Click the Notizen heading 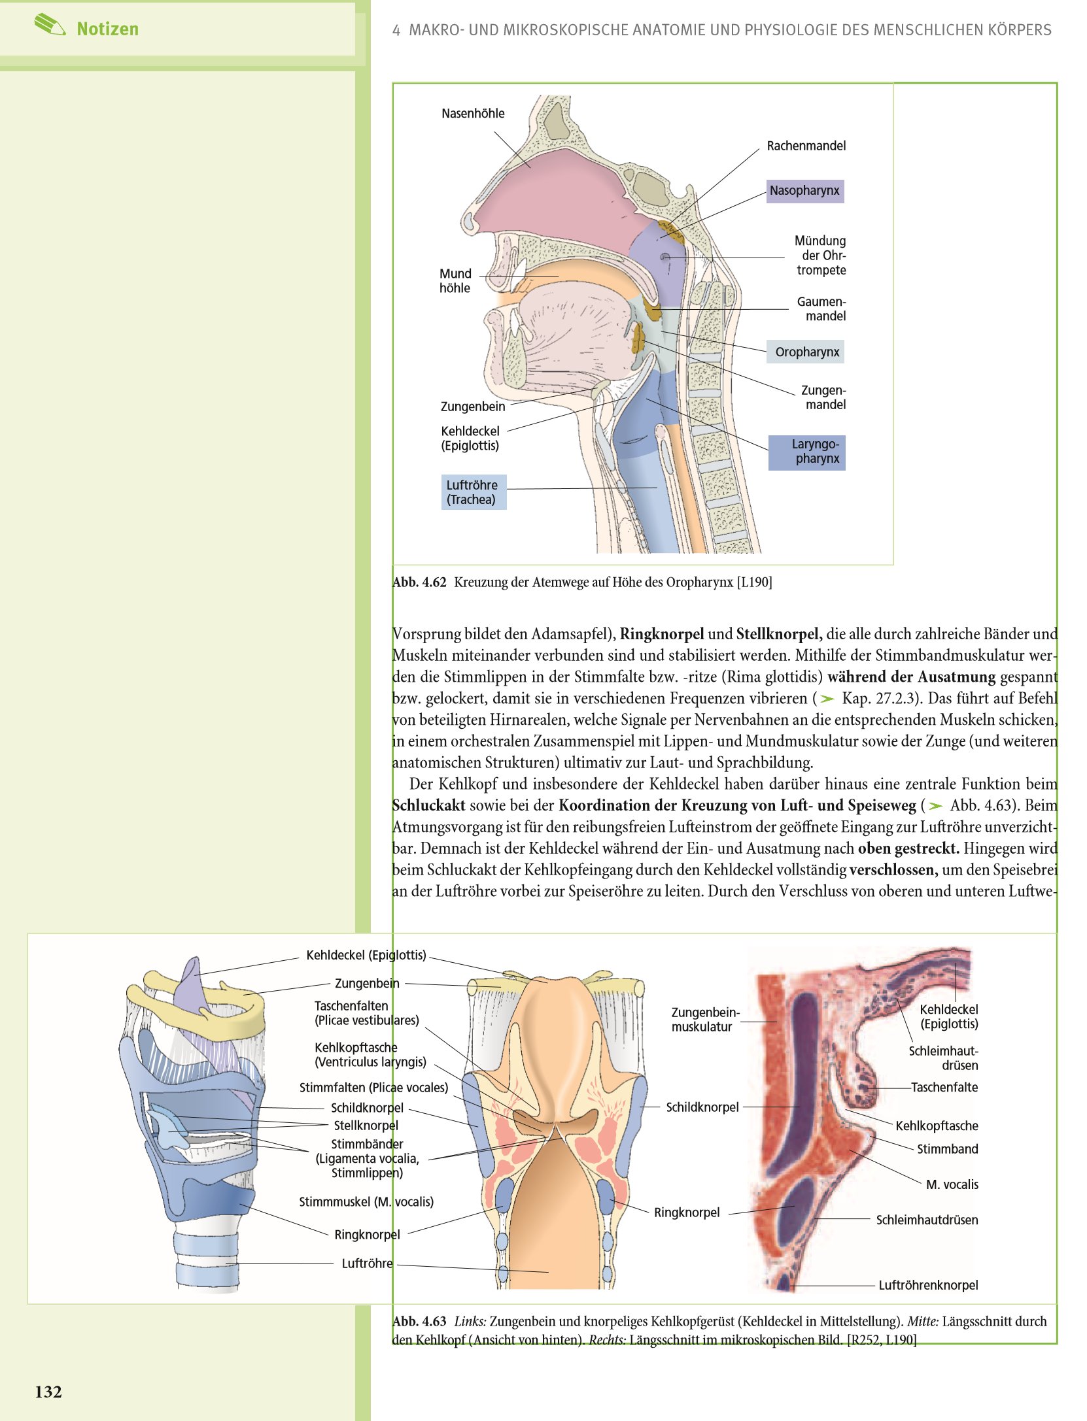click(107, 29)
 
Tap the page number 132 click(48, 1392)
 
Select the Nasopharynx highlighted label click(804, 191)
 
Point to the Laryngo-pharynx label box click(807, 452)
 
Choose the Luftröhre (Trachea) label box click(474, 492)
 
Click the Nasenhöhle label click(473, 113)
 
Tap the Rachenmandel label click(806, 146)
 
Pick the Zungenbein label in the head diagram click(473, 407)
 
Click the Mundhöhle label click(455, 280)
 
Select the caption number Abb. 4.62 click(419, 582)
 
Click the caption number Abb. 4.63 click(419, 1321)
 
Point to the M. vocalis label click(952, 1184)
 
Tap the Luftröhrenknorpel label click(928, 1285)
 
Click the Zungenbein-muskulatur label click(705, 1019)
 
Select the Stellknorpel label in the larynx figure click(366, 1126)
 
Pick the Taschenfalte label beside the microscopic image click(944, 1087)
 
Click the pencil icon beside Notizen click(50, 25)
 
